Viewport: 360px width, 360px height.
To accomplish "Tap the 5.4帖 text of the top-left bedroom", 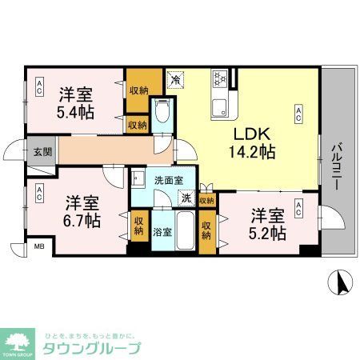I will tap(76, 112).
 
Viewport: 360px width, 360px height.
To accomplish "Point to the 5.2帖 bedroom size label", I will tap(267, 233).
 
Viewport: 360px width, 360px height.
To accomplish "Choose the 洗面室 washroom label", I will tap(169, 180).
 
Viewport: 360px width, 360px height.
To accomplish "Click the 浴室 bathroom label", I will tap(162, 232).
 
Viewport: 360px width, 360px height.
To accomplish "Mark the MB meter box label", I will tap(38, 249).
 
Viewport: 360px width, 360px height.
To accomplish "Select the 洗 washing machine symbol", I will tap(185, 198).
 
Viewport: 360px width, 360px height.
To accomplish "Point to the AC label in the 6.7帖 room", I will tap(38, 193).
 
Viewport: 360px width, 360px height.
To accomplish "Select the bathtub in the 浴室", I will tap(186, 232).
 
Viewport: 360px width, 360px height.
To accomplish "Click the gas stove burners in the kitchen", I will tap(220, 78).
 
